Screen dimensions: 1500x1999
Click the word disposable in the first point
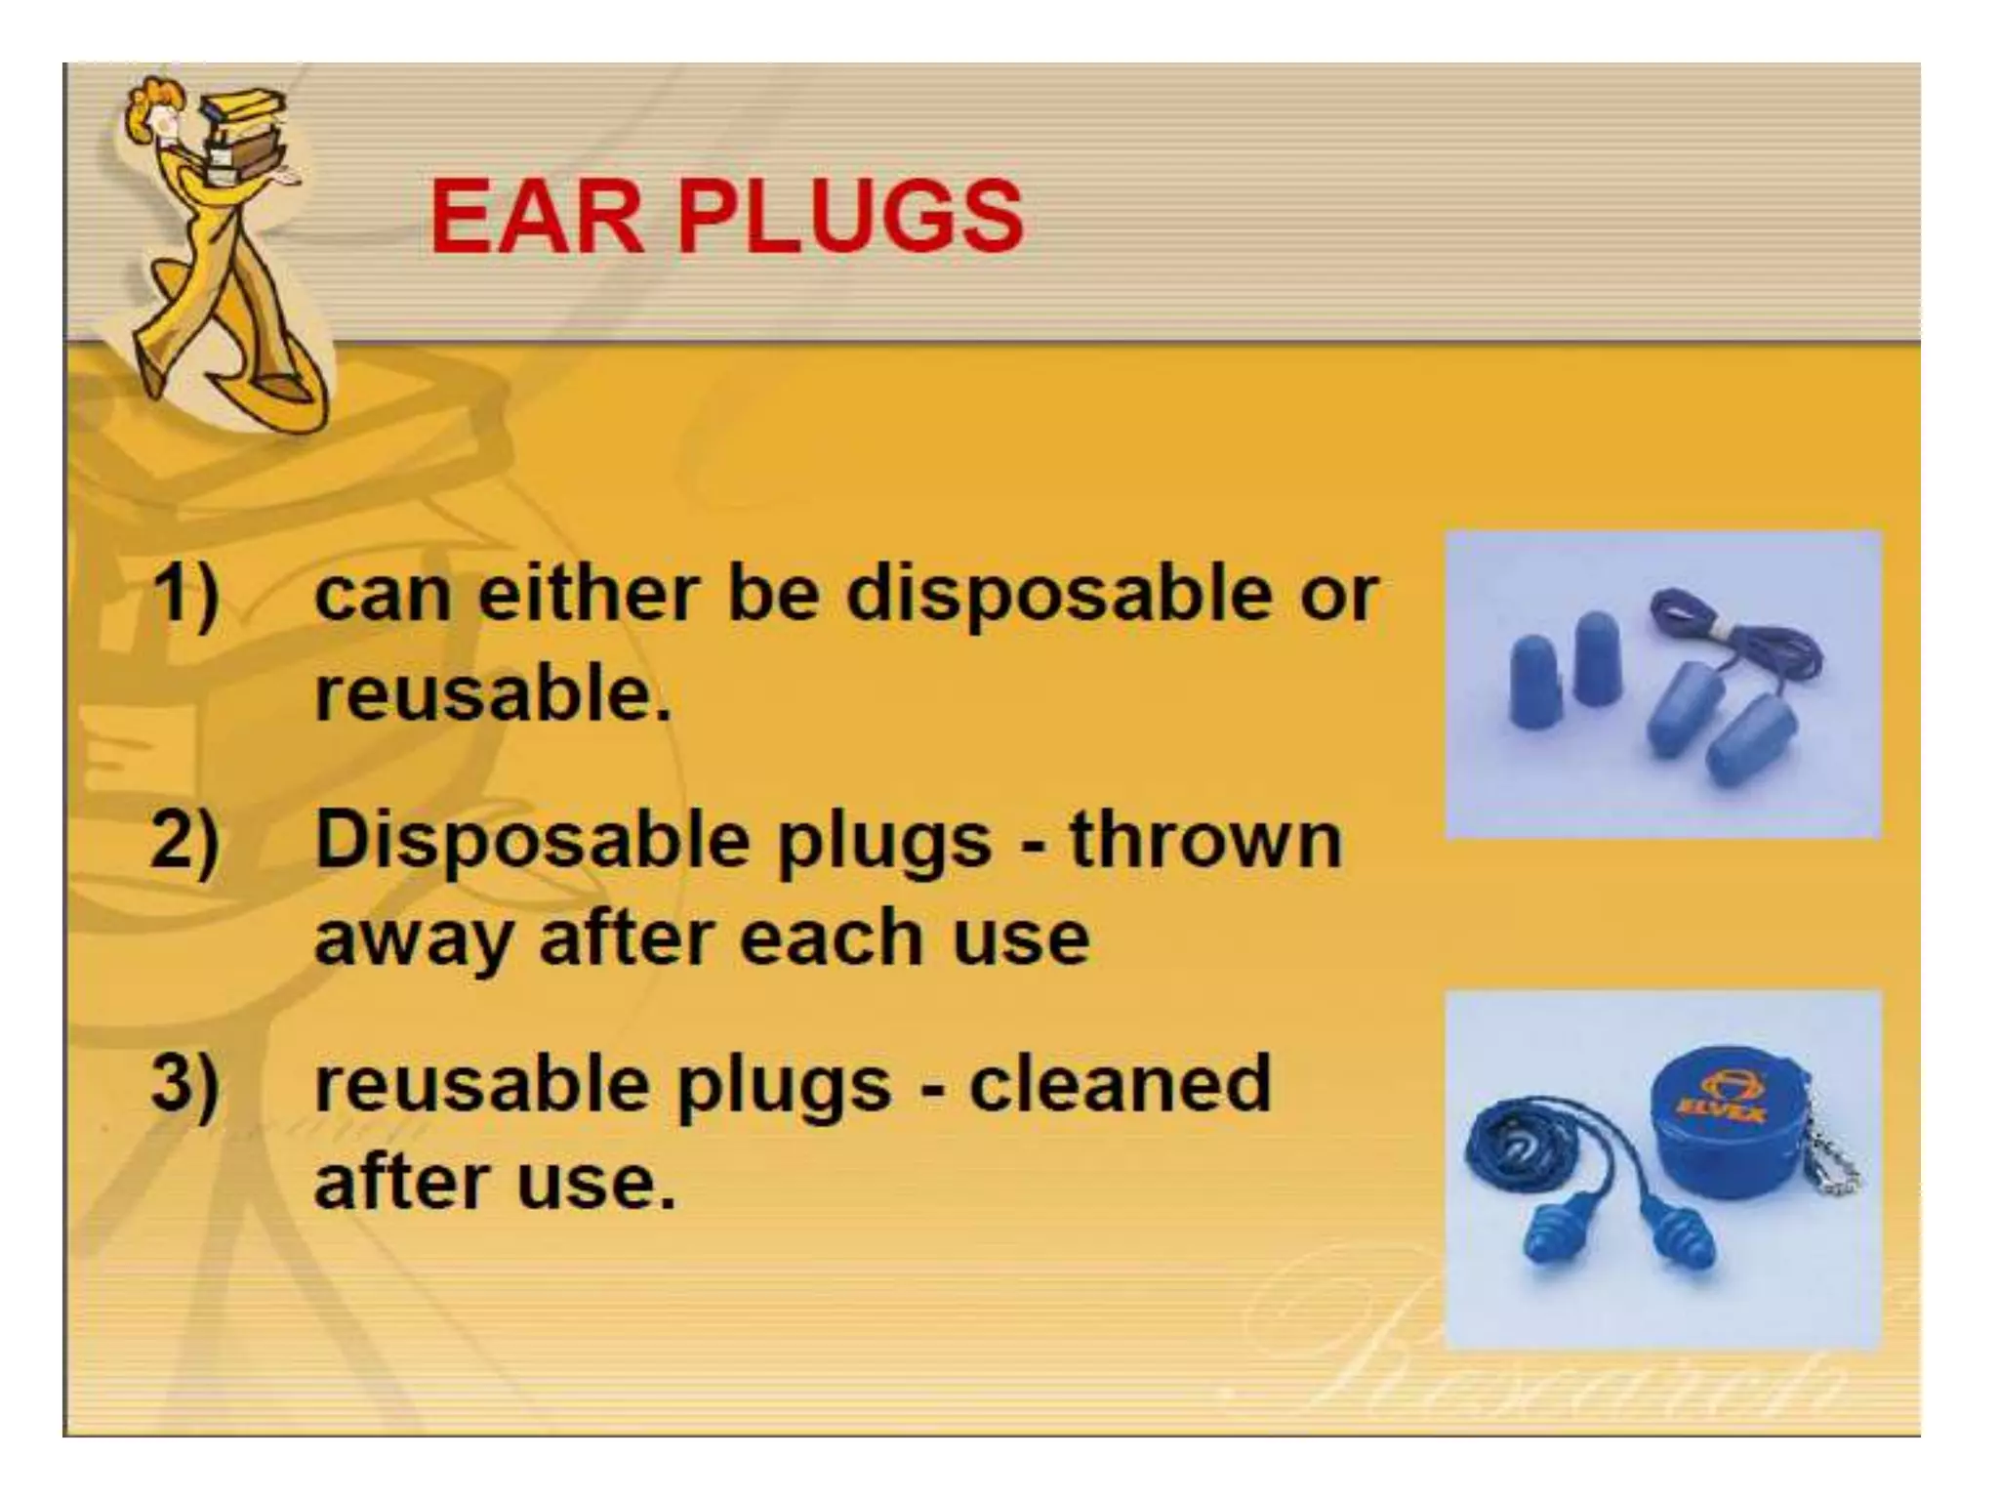click(x=1060, y=594)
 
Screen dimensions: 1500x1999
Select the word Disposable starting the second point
click(x=533, y=840)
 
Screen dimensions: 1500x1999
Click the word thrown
click(x=1205, y=840)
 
